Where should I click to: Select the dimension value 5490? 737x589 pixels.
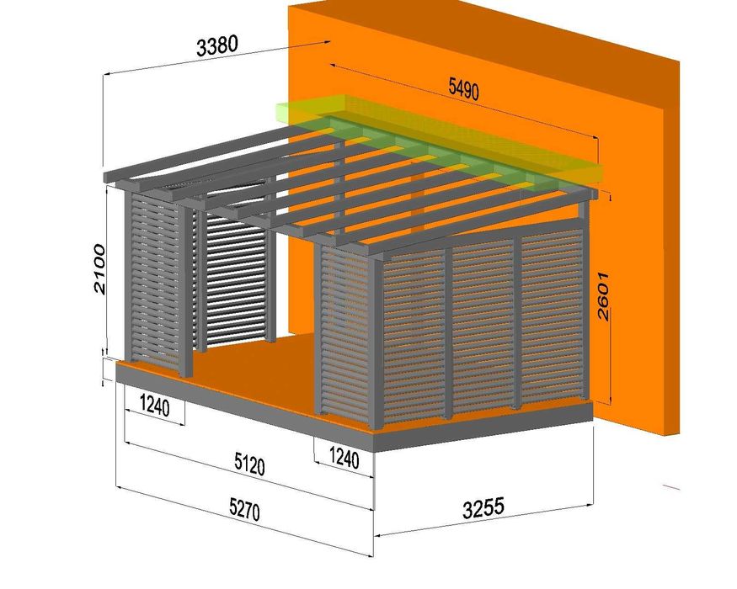click(463, 88)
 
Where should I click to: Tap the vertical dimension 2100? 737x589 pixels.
click(100, 268)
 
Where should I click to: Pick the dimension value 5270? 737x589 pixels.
click(244, 507)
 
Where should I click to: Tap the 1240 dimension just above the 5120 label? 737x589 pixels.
click(343, 459)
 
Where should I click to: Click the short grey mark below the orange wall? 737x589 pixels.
click(671, 486)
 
